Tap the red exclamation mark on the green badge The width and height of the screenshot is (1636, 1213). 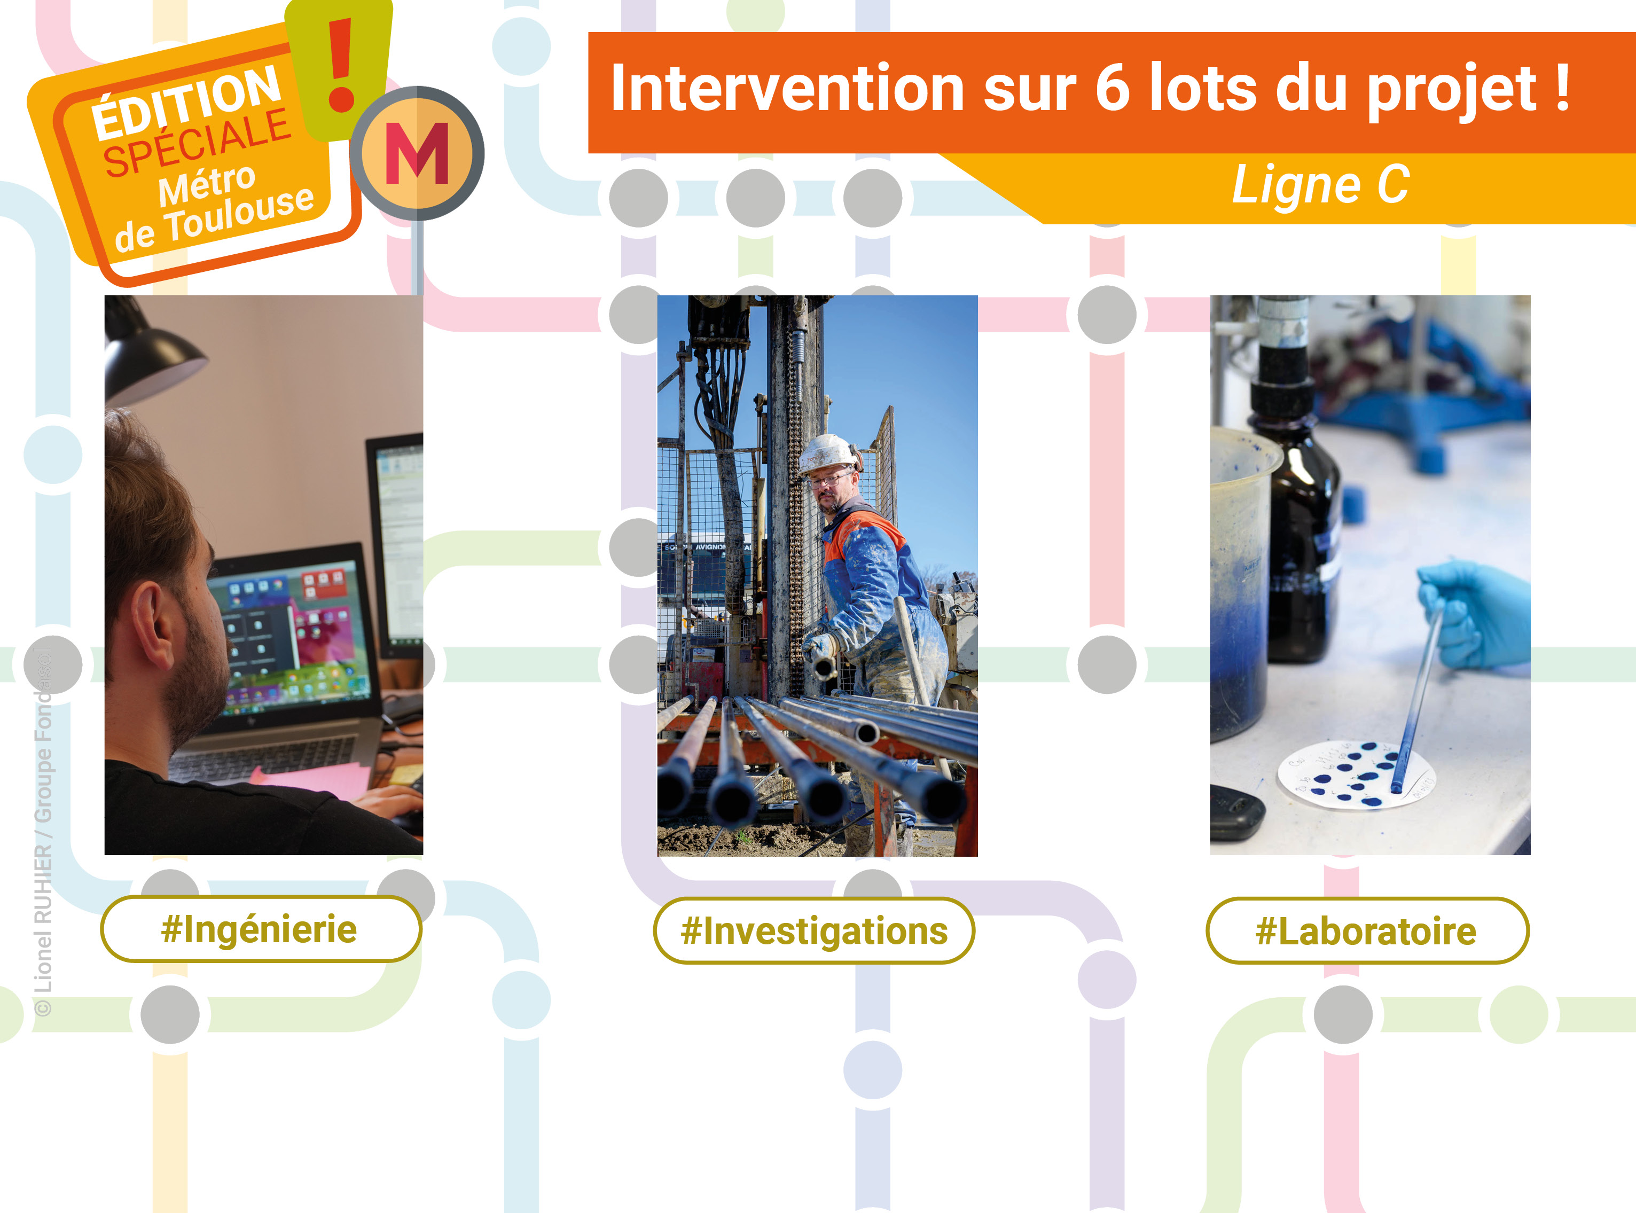pyautogui.click(x=341, y=66)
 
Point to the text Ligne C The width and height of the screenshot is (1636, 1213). pyautogui.click(x=1319, y=185)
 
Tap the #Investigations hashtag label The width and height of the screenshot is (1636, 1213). pyautogui.click(x=813, y=931)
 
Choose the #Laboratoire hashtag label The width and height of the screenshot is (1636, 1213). pyautogui.click(x=1366, y=931)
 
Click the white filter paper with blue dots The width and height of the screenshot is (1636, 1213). pyautogui.click(x=1355, y=774)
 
